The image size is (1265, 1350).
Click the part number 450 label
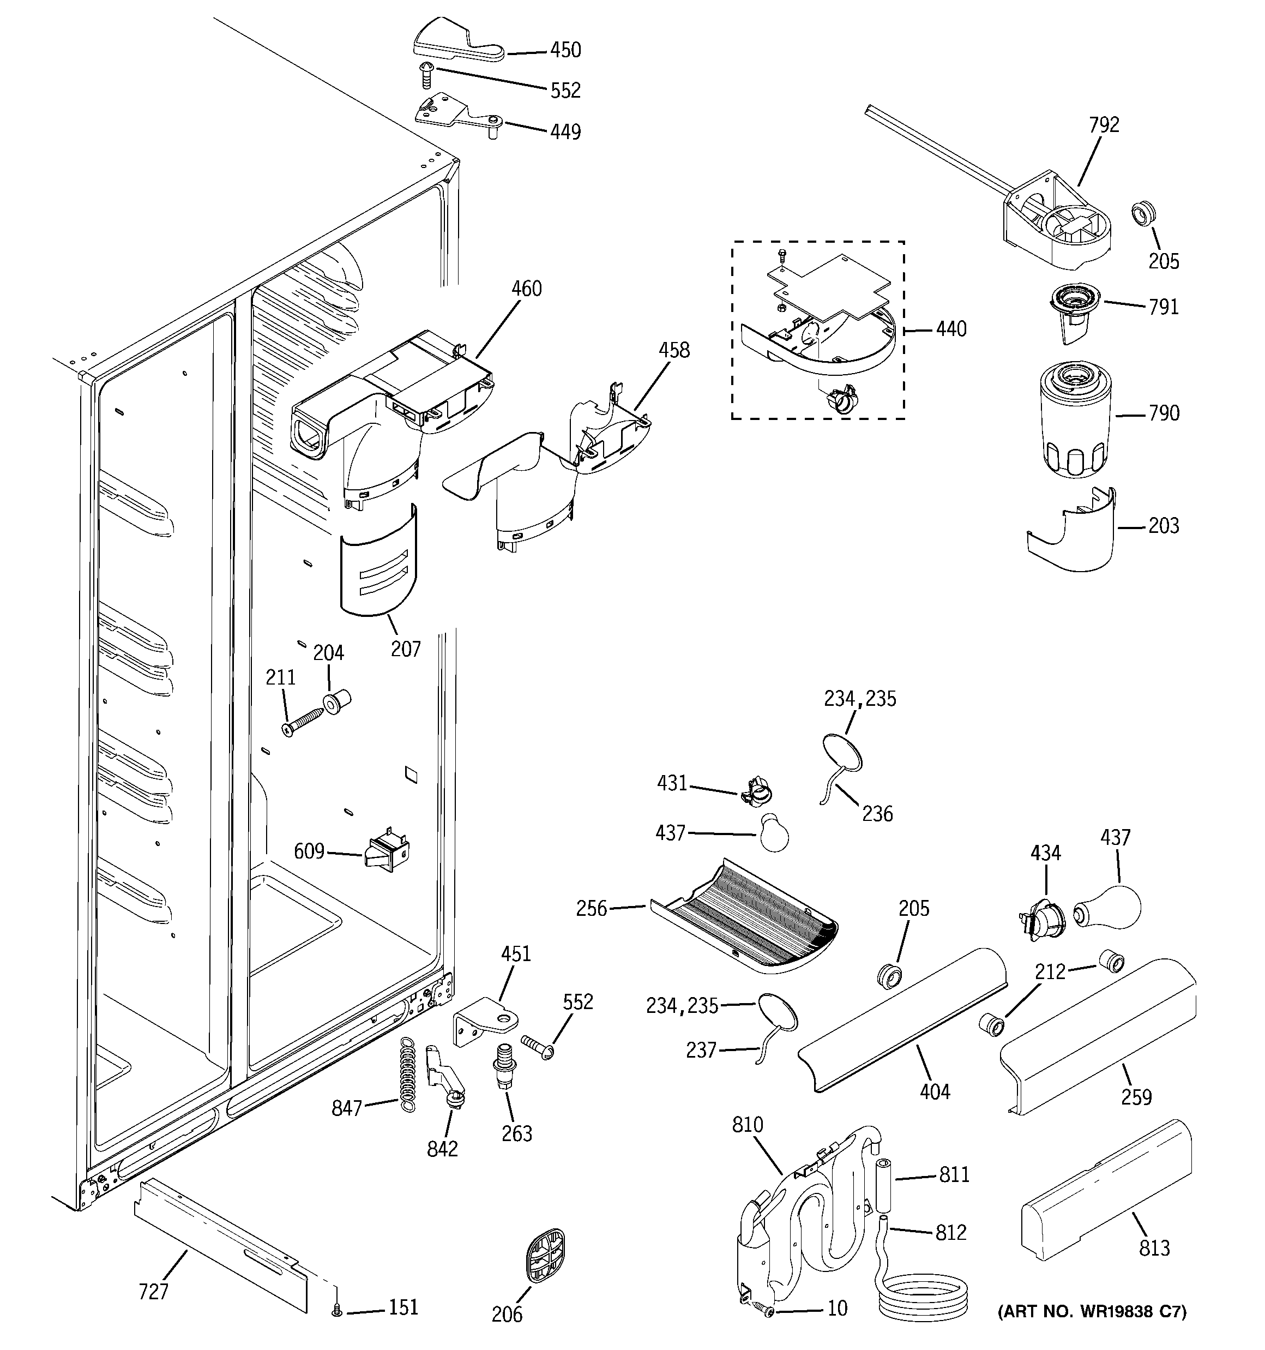click(x=565, y=50)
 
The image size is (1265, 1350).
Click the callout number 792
click(x=1104, y=125)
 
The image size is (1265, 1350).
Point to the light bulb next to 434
click(x=1107, y=909)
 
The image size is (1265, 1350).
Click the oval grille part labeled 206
click(x=545, y=1255)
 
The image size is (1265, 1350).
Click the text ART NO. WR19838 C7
click(x=1091, y=1330)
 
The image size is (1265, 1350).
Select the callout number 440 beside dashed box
click(x=950, y=329)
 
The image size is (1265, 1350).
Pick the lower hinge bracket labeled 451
click(x=484, y=1021)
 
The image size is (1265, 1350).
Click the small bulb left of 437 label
click(x=773, y=833)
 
